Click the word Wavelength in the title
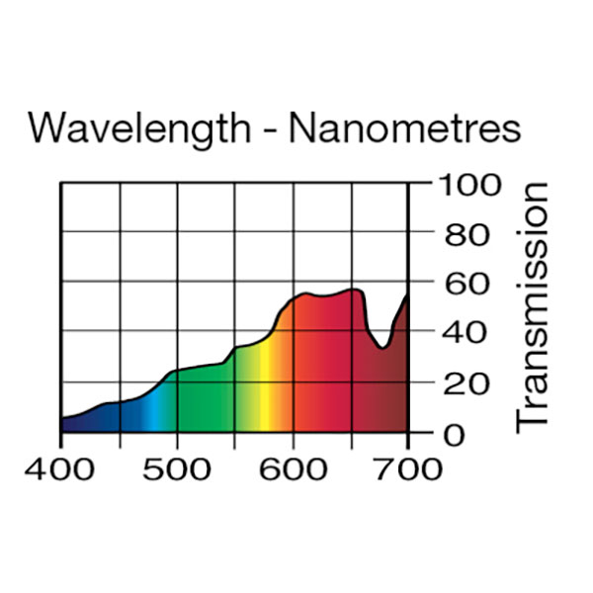click(137, 127)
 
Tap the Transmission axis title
click(534, 306)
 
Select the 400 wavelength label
click(60, 467)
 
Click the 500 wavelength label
click(177, 467)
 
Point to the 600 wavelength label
click(293, 467)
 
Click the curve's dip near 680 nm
click(383, 347)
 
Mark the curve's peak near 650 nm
click(353, 290)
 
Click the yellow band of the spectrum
click(265, 395)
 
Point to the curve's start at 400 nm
click(62, 418)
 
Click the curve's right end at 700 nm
click(406, 296)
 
